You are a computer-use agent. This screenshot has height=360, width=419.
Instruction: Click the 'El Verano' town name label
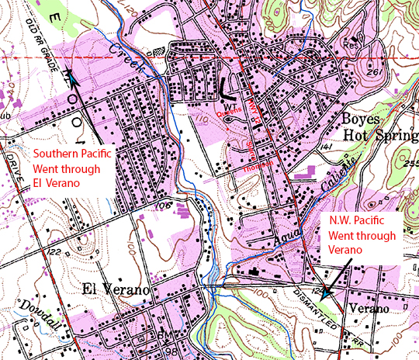coord(115,290)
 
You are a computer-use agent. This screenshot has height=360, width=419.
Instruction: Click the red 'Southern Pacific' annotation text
coord(72,154)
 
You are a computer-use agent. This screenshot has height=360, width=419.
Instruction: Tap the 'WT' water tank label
coord(230,103)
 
